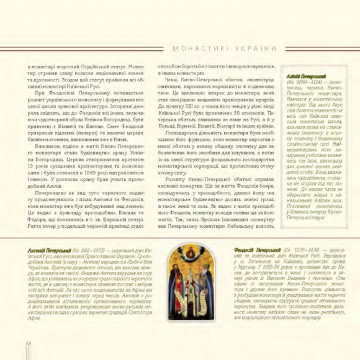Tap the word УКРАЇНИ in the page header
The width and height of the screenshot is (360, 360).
coord(251,48)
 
